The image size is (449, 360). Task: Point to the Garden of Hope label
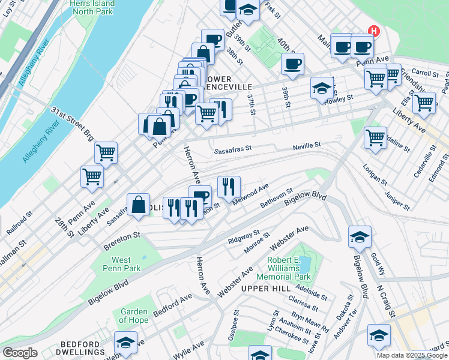[x=134, y=316]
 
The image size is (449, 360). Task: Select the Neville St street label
[x=307, y=145]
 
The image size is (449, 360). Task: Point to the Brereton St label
[x=121, y=240]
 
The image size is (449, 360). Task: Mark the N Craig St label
[x=385, y=301]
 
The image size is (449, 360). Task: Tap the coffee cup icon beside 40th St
[x=292, y=64]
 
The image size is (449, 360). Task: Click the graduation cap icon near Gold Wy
[x=360, y=237]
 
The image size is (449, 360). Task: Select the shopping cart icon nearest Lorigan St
[x=375, y=138]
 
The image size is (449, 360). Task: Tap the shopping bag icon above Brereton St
[x=139, y=204]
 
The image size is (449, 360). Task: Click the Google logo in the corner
[x=20, y=353]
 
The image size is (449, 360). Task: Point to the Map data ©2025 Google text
[x=411, y=355]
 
